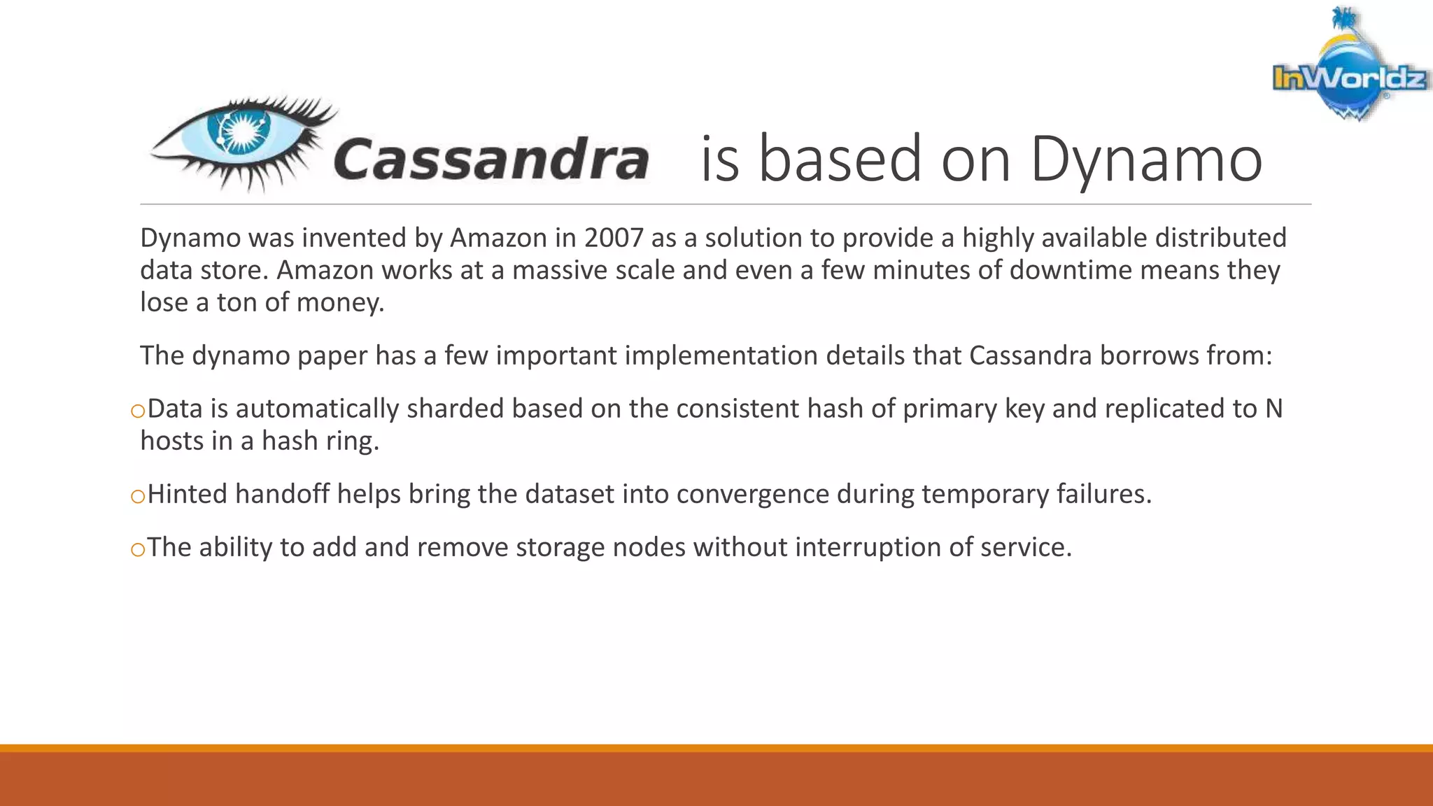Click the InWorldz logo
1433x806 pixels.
[x=1348, y=70]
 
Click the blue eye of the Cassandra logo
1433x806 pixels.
[x=239, y=133]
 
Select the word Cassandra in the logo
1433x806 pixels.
[x=491, y=160]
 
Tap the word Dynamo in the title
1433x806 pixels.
[x=1146, y=160]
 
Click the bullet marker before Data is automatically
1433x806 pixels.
[x=137, y=411]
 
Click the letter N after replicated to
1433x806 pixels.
[x=1273, y=409]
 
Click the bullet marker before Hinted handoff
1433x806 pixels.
[x=137, y=496]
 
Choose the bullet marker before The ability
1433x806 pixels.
[x=137, y=549]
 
